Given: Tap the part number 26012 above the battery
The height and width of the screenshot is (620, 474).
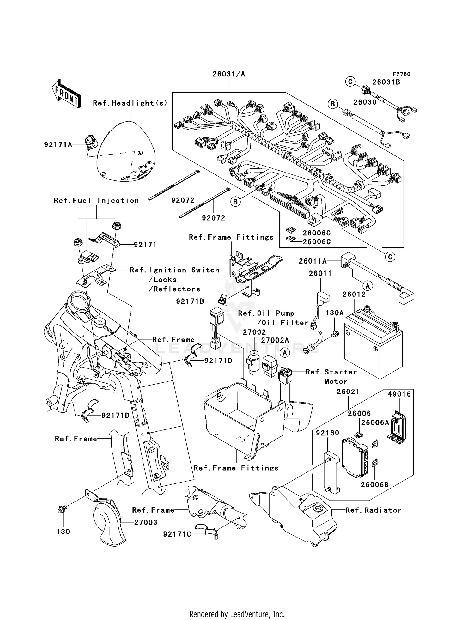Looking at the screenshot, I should coord(354,294).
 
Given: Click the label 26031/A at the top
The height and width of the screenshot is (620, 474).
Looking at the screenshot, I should coord(228,74).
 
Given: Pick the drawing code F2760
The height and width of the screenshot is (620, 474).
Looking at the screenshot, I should coord(401,74).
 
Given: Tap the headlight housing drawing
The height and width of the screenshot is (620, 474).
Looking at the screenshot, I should coord(126,153).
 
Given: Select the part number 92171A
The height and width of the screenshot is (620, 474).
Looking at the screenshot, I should coord(58,144).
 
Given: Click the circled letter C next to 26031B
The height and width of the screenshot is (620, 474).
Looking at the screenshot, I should coord(350,82).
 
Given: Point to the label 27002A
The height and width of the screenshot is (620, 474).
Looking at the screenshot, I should coord(275,340).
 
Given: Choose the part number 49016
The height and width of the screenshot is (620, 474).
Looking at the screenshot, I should coord(399,394).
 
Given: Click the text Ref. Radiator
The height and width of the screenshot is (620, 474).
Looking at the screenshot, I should coord(373,510).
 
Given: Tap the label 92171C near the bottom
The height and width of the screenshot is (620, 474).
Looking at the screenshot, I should coord(177,534).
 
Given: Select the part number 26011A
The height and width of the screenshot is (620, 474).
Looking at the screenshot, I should coord(313,261).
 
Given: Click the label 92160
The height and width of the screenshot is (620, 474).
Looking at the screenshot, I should coord(328,433).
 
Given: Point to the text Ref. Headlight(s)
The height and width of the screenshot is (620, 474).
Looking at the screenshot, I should coord(130,103).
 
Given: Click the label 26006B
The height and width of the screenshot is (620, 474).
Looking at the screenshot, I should coord(374,484).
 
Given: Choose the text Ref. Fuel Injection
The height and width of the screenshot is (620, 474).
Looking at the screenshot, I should coord(96,200).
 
